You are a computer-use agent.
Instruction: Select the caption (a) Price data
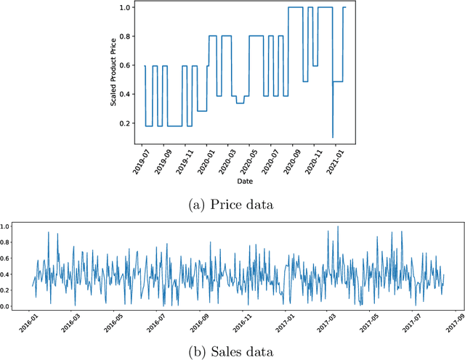[x=232, y=205]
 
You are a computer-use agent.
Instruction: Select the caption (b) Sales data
[x=232, y=352]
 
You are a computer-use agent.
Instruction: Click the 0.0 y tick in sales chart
[x=5, y=306]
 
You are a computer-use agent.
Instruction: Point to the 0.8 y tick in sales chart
[x=5, y=242]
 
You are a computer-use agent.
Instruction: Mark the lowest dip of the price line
[x=333, y=137]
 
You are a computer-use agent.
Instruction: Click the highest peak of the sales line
[x=337, y=227]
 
